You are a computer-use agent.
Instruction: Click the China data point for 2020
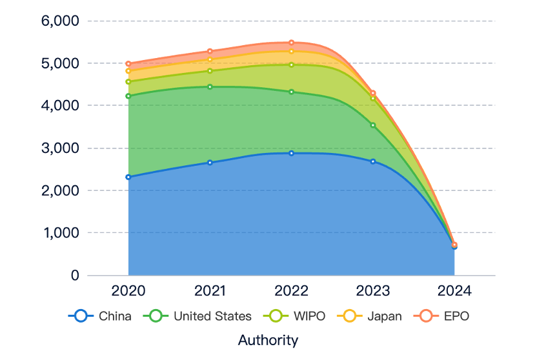128,177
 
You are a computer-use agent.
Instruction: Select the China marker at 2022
291,153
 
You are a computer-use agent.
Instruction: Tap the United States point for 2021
210,86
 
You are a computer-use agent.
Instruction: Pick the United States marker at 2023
372,125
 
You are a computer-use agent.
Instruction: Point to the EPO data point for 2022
291,43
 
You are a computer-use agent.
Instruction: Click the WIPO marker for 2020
128,82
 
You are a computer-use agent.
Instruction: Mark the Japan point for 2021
210,59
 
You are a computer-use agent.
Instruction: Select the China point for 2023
372,161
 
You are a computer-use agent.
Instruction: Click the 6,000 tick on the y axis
59,21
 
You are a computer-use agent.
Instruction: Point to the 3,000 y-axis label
59,148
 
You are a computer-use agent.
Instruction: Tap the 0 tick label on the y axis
74,275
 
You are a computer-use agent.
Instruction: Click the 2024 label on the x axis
454,291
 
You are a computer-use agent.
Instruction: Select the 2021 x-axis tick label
210,291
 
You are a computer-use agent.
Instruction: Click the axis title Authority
268,340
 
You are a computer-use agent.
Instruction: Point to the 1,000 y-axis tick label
59,233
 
